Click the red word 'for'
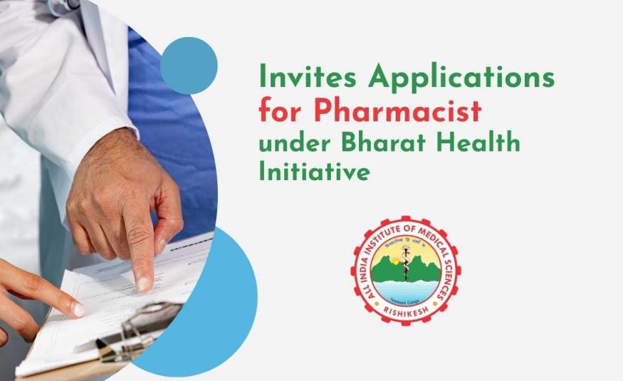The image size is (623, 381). [280, 112]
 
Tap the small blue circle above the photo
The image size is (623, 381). [188, 66]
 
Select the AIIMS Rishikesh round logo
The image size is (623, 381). [405, 270]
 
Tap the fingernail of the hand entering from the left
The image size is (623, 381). [78, 311]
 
